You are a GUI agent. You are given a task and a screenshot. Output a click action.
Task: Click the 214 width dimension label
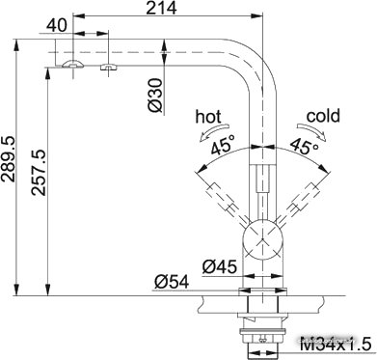(x=161, y=8)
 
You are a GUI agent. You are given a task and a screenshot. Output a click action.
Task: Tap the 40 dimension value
(x=56, y=25)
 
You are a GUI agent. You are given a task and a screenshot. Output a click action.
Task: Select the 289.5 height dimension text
(x=8, y=159)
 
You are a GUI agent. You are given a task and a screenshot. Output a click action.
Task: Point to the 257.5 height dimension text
(x=40, y=172)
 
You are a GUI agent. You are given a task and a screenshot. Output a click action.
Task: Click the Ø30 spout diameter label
(x=155, y=96)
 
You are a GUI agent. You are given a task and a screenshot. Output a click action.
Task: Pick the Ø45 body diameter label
(x=220, y=266)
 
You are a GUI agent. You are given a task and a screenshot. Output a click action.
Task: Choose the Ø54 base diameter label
(x=172, y=283)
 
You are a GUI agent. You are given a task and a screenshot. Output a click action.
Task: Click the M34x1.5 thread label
(x=336, y=346)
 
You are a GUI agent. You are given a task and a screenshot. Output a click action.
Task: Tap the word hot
(x=208, y=117)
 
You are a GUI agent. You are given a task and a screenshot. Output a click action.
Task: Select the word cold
(x=323, y=116)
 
